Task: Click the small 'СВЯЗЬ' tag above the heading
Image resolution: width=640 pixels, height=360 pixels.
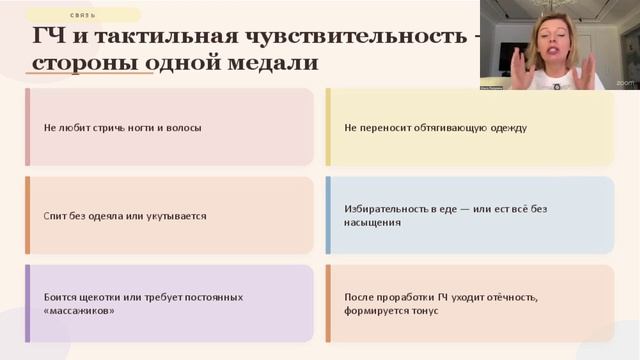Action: coord(84,15)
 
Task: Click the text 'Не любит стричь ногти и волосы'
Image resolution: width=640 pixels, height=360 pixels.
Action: coord(122,128)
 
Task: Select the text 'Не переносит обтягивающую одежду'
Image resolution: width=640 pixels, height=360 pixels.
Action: coord(435,128)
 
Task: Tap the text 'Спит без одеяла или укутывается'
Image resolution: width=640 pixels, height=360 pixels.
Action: coord(125,215)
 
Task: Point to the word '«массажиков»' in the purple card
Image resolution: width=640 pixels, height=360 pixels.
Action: coord(79,311)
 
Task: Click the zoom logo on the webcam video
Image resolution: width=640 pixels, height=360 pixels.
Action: coord(625,83)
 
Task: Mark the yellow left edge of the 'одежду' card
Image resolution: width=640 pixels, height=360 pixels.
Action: coord(328,127)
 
